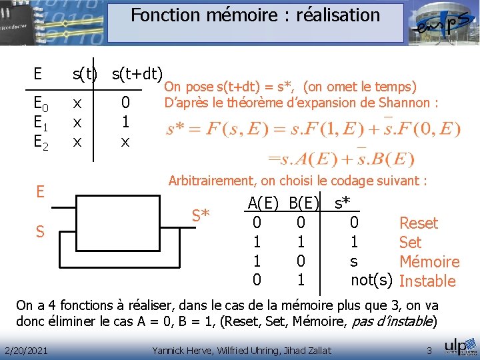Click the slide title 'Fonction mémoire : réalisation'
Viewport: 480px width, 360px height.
click(255, 15)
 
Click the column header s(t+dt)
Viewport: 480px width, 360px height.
click(137, 72)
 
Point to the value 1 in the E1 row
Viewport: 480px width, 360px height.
click(125, 123)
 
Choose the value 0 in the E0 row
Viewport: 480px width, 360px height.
click(125, 105)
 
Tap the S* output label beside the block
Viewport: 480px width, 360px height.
click(201, 215)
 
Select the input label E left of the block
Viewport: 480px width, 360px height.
click(40, 192)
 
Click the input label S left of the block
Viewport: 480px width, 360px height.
click(40, 232)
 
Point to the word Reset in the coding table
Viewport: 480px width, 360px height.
click(418, 223)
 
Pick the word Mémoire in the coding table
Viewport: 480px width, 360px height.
click(429, 262)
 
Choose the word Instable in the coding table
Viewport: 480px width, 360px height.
click(427, 281)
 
